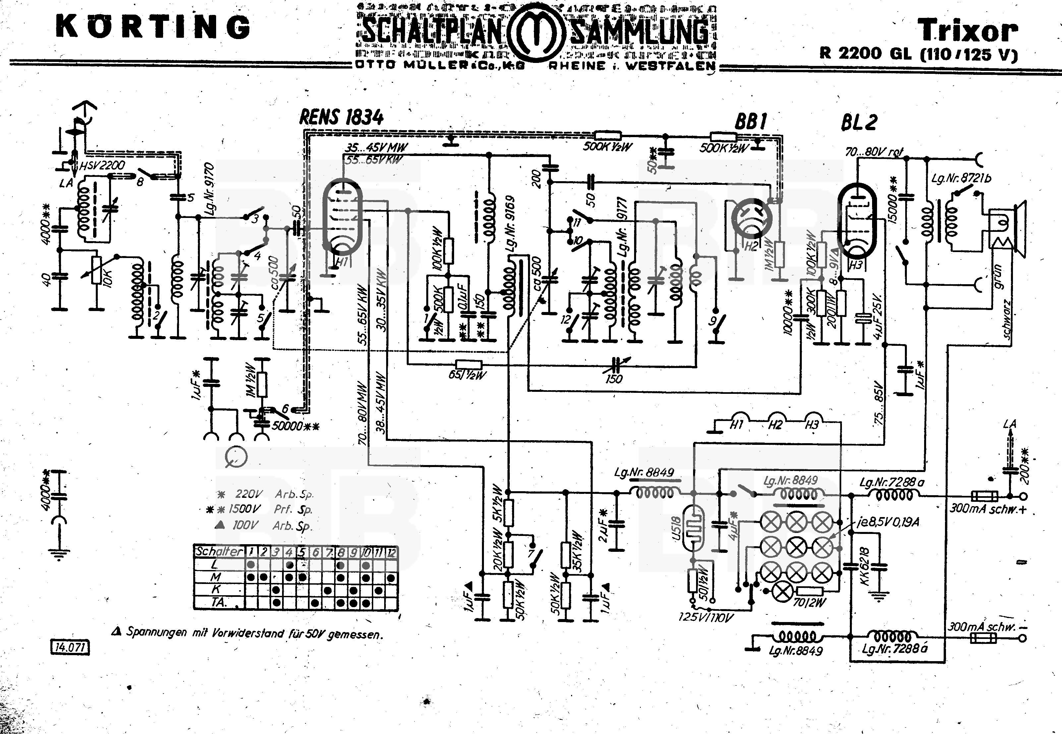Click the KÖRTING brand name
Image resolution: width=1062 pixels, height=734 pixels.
click(153, 27)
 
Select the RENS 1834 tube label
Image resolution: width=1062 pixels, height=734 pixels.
click(341, 118)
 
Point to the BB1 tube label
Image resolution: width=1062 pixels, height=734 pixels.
click(750, 122)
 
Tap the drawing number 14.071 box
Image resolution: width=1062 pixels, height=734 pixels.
click(70, 648)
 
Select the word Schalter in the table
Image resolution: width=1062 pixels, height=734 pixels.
click(219, 551)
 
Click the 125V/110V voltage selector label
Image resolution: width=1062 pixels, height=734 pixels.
click(706, 617)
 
